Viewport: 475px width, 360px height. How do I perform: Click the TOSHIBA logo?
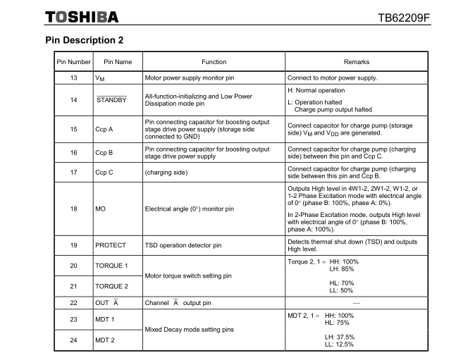81,16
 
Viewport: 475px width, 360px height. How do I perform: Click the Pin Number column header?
73,62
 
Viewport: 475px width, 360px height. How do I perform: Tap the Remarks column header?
356,62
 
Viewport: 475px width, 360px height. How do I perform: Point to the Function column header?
214,62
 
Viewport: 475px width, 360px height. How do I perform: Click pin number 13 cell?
73,77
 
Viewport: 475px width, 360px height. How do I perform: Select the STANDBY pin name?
111,100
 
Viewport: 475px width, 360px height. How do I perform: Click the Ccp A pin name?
104,130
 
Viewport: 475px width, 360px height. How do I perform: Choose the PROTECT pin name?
111,245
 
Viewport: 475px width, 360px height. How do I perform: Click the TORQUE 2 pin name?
111,287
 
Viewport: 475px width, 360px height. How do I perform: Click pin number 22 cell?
73,302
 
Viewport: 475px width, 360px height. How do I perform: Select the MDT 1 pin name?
104,319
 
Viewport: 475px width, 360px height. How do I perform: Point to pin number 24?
73,340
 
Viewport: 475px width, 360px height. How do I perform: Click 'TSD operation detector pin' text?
183,245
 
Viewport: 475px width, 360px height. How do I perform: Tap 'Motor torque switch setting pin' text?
188,276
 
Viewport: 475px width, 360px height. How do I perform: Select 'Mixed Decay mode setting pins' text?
189,329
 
